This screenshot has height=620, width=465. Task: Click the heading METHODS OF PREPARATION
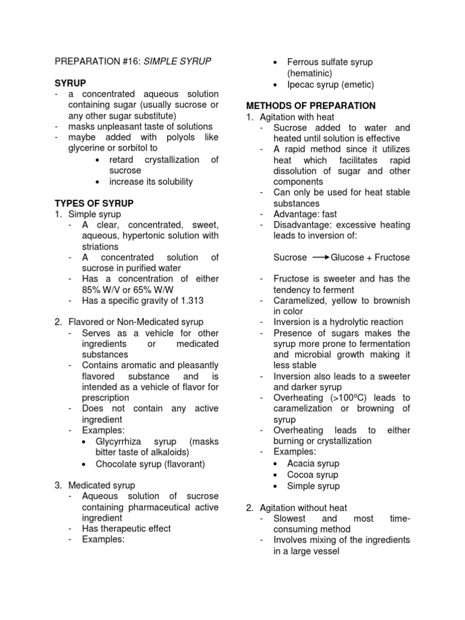click(310, 106)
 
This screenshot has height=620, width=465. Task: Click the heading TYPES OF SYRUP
click(94, 203)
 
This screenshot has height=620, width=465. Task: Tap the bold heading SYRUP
click(70, 83)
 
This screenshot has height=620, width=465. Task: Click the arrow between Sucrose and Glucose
click(320, 258)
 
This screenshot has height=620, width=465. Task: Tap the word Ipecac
click(300, 84)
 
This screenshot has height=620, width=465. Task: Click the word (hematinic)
click(310, 73)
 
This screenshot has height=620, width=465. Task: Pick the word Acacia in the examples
click(302, 464)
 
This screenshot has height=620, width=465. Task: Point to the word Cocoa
click(300, 475)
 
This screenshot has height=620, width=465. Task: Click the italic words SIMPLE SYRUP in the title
click(177, 62)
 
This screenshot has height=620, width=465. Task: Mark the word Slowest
click(289, 519)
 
